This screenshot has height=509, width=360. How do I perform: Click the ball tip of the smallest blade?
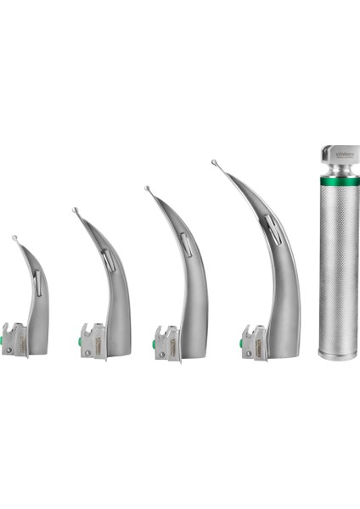[14, 239]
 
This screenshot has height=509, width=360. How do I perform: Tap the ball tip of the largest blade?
[214, 162]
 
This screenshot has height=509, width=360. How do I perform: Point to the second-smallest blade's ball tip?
[75, 210]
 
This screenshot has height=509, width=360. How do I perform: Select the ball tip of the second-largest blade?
[147, 188]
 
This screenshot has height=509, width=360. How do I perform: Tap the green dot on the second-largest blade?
[154, 344]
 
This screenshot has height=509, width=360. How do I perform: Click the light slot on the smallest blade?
[38, 282]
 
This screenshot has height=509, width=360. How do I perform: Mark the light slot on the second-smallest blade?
[110, 260]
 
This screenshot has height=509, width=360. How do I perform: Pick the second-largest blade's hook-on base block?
[167, 344]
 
